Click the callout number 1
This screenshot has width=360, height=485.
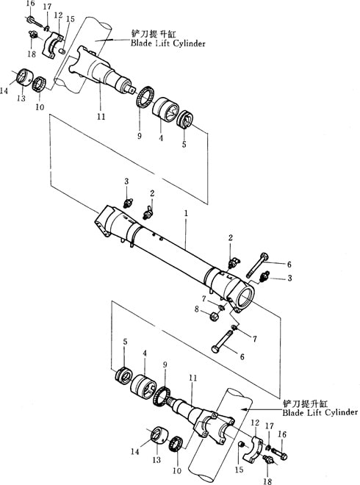tap(186, 213)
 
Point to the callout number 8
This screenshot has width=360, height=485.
tap(197, 309)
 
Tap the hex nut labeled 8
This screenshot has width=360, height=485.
tap(215, 316)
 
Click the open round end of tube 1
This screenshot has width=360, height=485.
tap(245, 296)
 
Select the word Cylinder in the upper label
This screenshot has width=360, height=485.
tap(190, 43)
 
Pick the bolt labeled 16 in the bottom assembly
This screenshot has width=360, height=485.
tap(279, 454)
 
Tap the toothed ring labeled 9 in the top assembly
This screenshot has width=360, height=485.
tap(145, 98)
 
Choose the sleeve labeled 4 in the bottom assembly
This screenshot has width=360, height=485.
tap(143, 386)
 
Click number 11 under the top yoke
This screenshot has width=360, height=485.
tap(101, 117)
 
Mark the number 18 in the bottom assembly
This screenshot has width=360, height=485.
tap(267, 481)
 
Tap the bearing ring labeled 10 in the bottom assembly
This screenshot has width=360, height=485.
tap(176, 443)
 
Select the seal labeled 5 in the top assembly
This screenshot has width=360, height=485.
tap(184, 119)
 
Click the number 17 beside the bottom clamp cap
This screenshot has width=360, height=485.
tap(270, 426)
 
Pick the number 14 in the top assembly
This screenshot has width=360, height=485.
tap(4, 91)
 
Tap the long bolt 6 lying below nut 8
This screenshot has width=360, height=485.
tap(225, 341)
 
